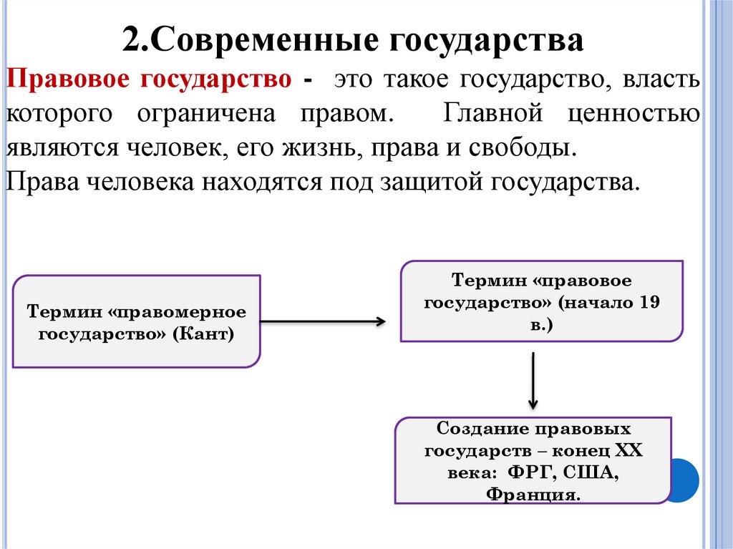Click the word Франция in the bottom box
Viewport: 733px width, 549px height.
[x=532, y=495]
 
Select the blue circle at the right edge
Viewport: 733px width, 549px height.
[x=686, y=480]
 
